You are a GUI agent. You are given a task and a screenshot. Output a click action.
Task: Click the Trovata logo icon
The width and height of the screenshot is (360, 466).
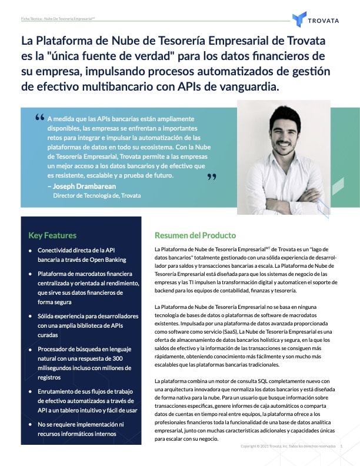click(299, 19)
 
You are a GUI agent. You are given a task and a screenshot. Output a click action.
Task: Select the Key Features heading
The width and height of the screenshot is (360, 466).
click(52, 235)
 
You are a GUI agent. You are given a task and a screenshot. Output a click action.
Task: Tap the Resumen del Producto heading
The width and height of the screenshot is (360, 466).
click(195, 235)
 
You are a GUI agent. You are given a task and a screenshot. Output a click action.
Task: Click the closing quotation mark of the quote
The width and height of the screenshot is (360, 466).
click(212, 177)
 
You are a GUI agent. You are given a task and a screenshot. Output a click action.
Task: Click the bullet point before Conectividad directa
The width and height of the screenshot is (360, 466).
click(31, 251)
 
